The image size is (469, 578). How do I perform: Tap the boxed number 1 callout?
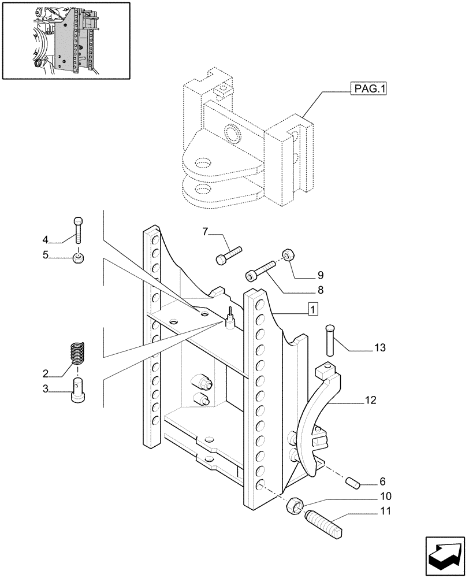click(312, 310)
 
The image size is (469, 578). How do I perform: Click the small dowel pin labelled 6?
click(229, 255)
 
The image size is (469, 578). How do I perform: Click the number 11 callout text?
click(385, 511)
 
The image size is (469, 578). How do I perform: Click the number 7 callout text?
click(205, 232)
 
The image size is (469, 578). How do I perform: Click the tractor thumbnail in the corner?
click(65, 40)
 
